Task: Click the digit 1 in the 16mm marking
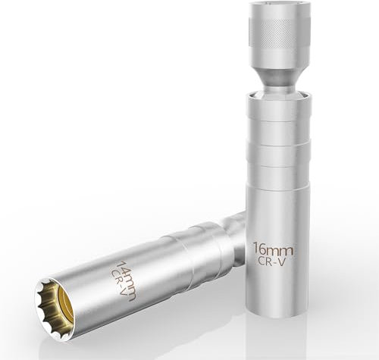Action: (x=255, y=249)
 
